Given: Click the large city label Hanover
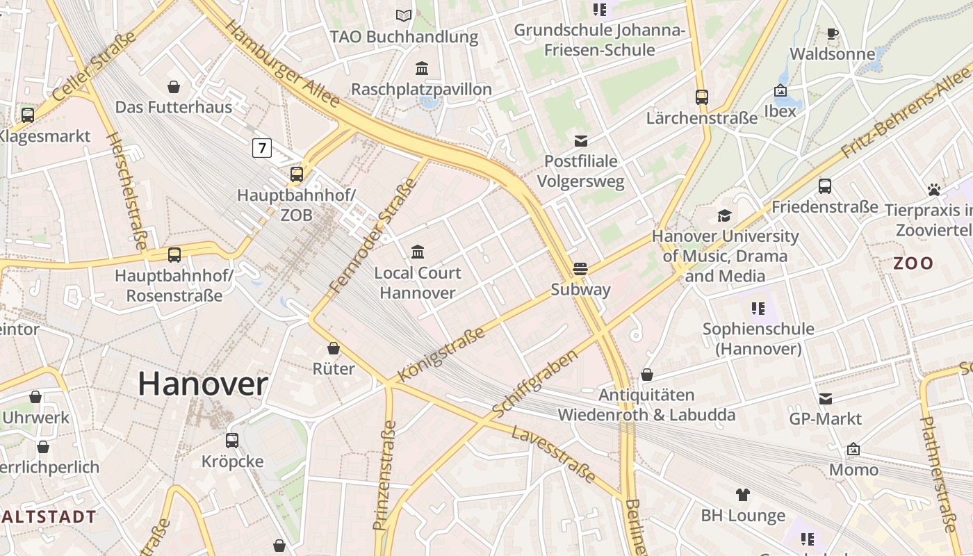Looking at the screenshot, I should coord(203,384).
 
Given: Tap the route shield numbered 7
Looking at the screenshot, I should coord(261,147).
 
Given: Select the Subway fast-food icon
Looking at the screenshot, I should coord(580,269).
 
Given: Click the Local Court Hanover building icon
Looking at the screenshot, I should coord(418,252).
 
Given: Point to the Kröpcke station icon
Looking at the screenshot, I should coord(232,441).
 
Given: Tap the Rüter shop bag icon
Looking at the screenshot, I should coord(334,348).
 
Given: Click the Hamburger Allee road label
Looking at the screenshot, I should coord(282,64).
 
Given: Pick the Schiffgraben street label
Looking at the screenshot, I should coord(535,384).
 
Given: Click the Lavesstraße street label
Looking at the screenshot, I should coord(553,455).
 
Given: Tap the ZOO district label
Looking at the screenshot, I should coord(913,263).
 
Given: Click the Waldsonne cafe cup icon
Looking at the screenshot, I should coord(832,33).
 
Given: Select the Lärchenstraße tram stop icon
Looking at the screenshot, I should coord(702,97).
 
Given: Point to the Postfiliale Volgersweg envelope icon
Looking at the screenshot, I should coord(580,141).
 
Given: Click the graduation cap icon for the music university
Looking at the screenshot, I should coord(725,215).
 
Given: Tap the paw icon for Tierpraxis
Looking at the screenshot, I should coord(933,189).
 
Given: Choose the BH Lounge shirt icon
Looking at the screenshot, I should coord(743,495).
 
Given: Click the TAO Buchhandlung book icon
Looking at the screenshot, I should coord(404,15).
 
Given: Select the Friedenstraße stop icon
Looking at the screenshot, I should coord(825,186).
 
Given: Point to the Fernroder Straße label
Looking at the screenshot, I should coord(373,235).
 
